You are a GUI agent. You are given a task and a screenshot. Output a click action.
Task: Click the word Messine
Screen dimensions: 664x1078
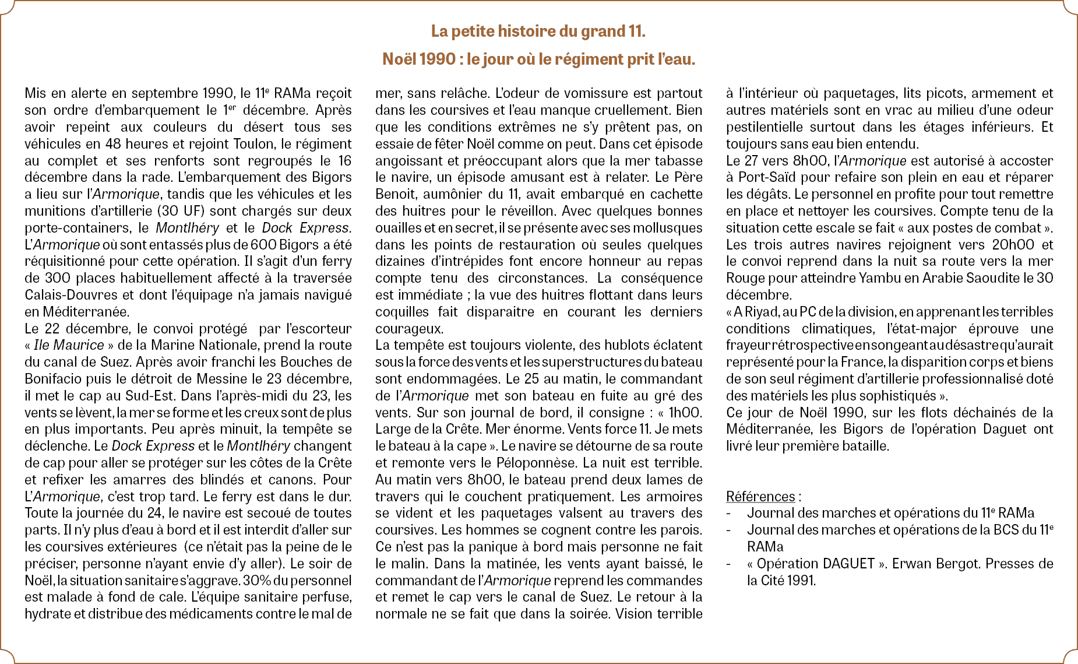coord(222,379)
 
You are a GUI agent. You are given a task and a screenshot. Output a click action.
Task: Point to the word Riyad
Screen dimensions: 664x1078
coord(755,312)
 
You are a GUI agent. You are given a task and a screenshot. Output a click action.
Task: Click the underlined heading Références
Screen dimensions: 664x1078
coord(760,497)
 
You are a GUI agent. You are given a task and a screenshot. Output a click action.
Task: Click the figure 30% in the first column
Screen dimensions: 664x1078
coord(256,581)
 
